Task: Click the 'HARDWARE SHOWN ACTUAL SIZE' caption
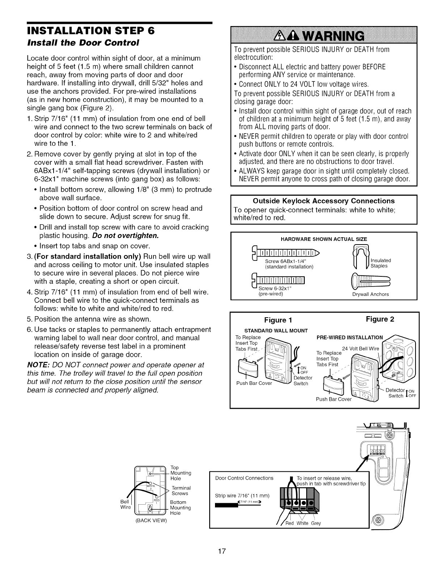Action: (324, 239)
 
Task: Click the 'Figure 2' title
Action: (380, 319)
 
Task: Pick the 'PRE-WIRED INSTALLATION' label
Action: (350, 338)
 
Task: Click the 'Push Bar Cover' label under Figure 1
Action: (254, 383)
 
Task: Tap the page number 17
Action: (222, 551)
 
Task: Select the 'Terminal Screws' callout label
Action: (180, 491)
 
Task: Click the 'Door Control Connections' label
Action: (244, 478)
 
